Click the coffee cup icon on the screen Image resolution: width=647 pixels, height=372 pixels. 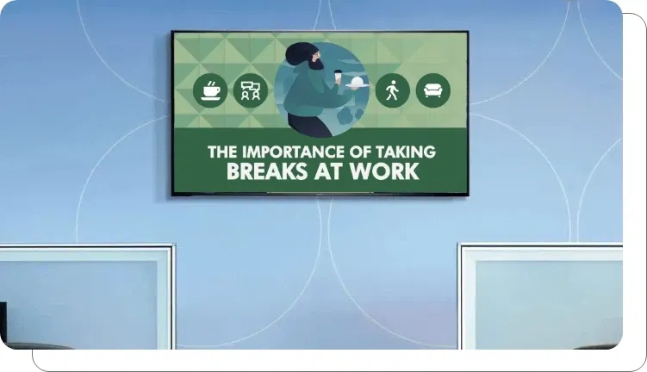coord(210,90)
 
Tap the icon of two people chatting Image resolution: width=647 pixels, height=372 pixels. coord(251,90)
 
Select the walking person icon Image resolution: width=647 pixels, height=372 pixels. coord(392,90)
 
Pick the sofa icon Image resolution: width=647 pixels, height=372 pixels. coord(432,90)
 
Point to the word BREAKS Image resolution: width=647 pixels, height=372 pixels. coord(268,171)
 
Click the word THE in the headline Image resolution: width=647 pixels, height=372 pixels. coord(221,152)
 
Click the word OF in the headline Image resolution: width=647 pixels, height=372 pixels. coord(361,152)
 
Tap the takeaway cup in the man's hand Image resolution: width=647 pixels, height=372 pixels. coord(339,77)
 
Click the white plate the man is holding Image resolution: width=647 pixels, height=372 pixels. coord(357,83)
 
